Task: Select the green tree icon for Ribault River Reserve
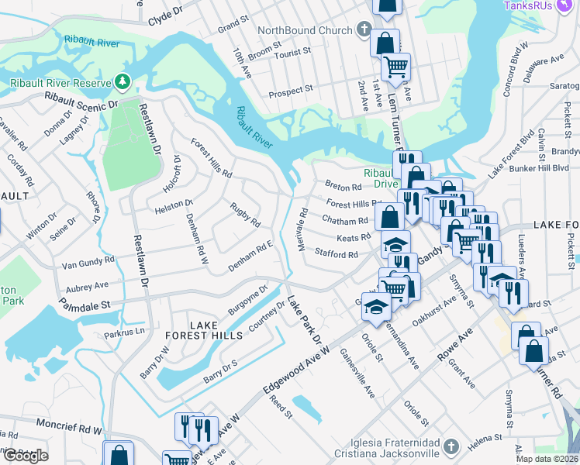122,81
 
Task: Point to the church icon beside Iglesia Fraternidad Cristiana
452,446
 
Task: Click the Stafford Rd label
336,253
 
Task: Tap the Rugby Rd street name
244,214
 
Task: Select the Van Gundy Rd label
88,263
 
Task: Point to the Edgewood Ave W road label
296,375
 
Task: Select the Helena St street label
485,439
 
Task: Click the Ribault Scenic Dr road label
81,99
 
